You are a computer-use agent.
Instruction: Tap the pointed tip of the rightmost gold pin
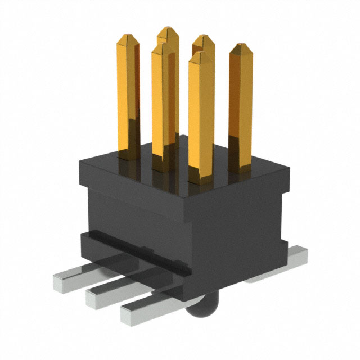[241, 46]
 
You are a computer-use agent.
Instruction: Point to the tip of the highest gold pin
[168, 29]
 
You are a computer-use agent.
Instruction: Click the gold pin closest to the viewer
[201, 112]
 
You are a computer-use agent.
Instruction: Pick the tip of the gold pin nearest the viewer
[201, 55]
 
